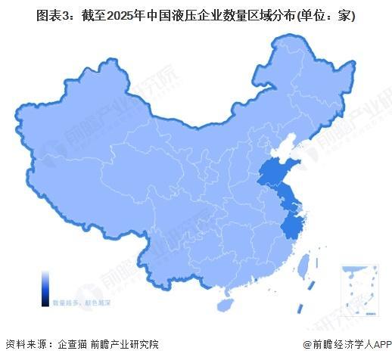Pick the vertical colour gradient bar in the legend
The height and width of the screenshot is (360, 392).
45,287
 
